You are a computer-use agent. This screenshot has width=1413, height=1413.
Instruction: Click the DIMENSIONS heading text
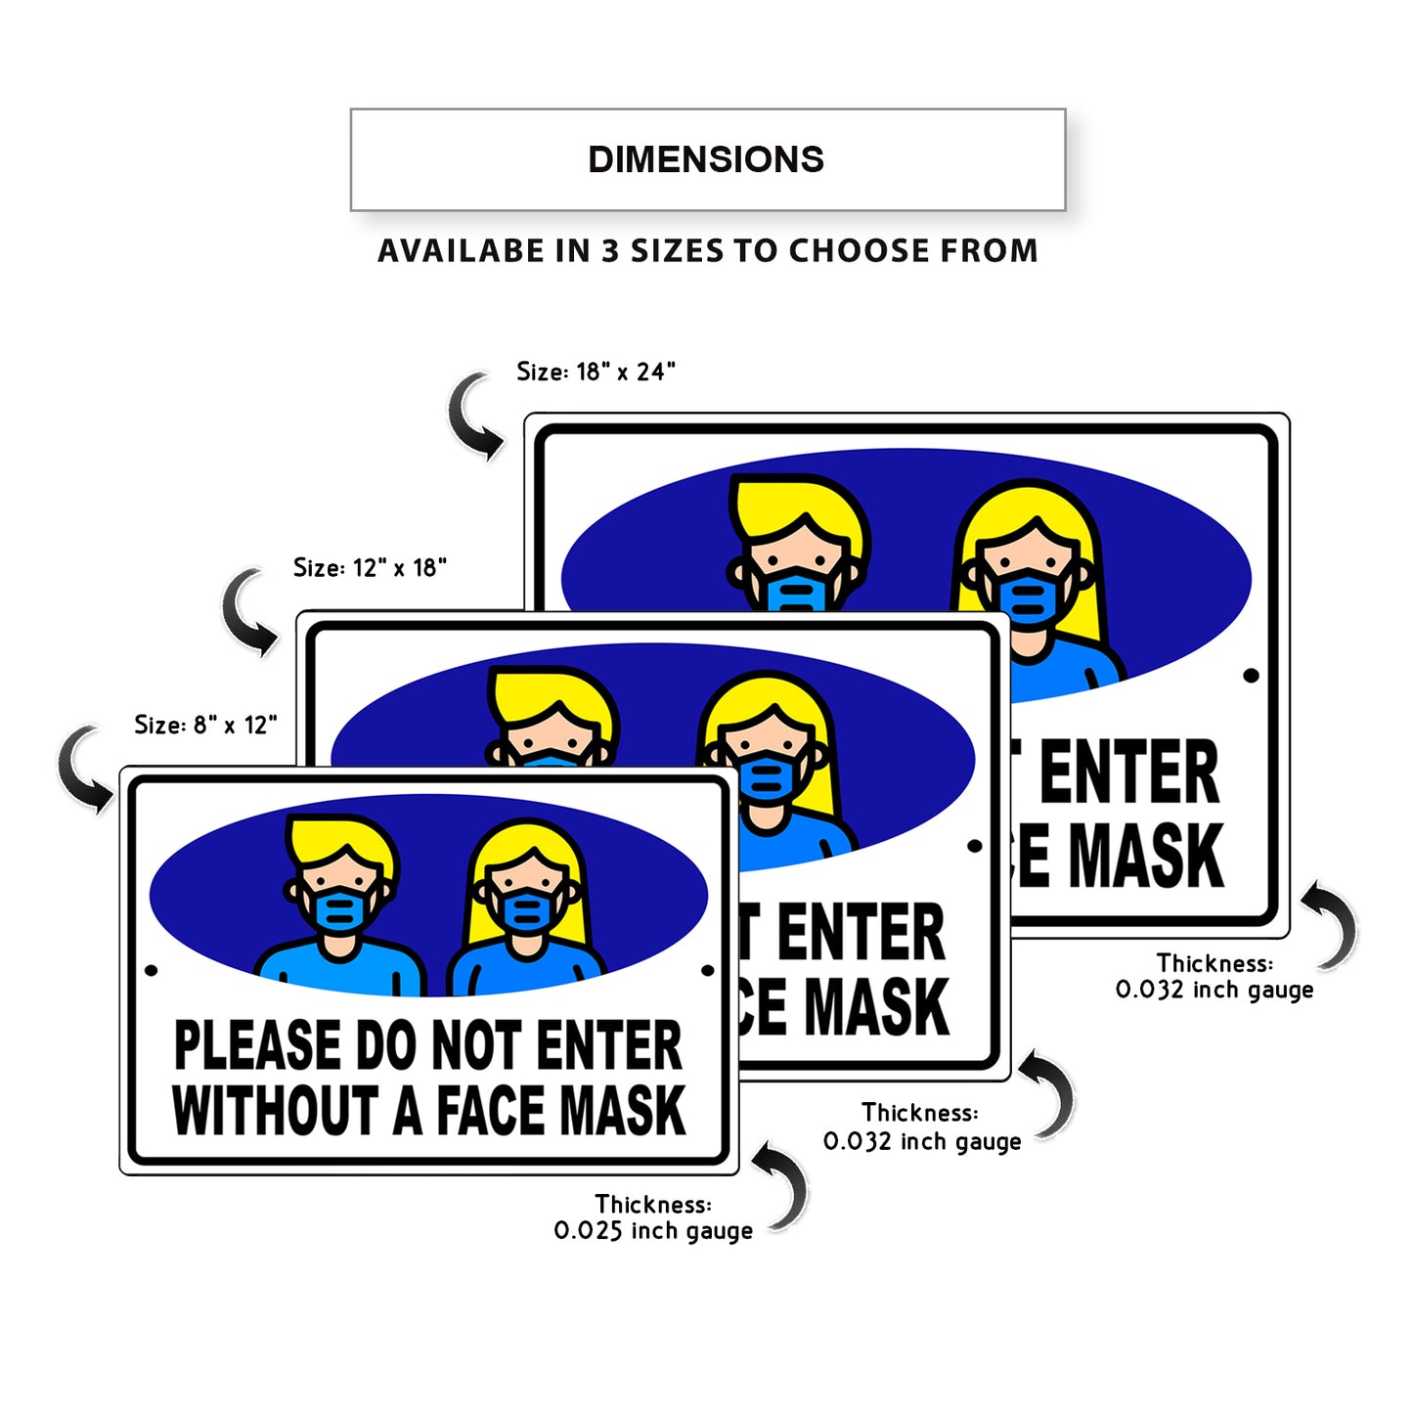pos(706,159)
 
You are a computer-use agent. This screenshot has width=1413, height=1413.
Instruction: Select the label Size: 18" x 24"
pos(596,372)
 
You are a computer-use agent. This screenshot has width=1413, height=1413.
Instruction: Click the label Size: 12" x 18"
pos(370,567)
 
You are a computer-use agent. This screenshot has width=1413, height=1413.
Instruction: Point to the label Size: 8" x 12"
pos(205,725)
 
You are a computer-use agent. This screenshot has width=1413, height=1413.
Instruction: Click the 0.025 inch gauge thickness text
pos(653,1230)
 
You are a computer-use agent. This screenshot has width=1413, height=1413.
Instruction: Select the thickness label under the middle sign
pos(921,1127)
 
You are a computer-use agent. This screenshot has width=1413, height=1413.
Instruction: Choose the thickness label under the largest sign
pos(1214,977)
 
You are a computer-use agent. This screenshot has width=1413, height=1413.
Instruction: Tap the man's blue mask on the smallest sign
pos(339,910)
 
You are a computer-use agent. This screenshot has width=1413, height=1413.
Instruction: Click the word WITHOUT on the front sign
pos(276,1111)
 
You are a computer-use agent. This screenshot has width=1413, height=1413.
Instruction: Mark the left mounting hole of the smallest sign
pos(151,971)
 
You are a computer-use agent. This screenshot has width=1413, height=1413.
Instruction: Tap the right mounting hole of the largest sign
pos(1251,676)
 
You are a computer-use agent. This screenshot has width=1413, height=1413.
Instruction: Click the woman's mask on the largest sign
pos(1030,599)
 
